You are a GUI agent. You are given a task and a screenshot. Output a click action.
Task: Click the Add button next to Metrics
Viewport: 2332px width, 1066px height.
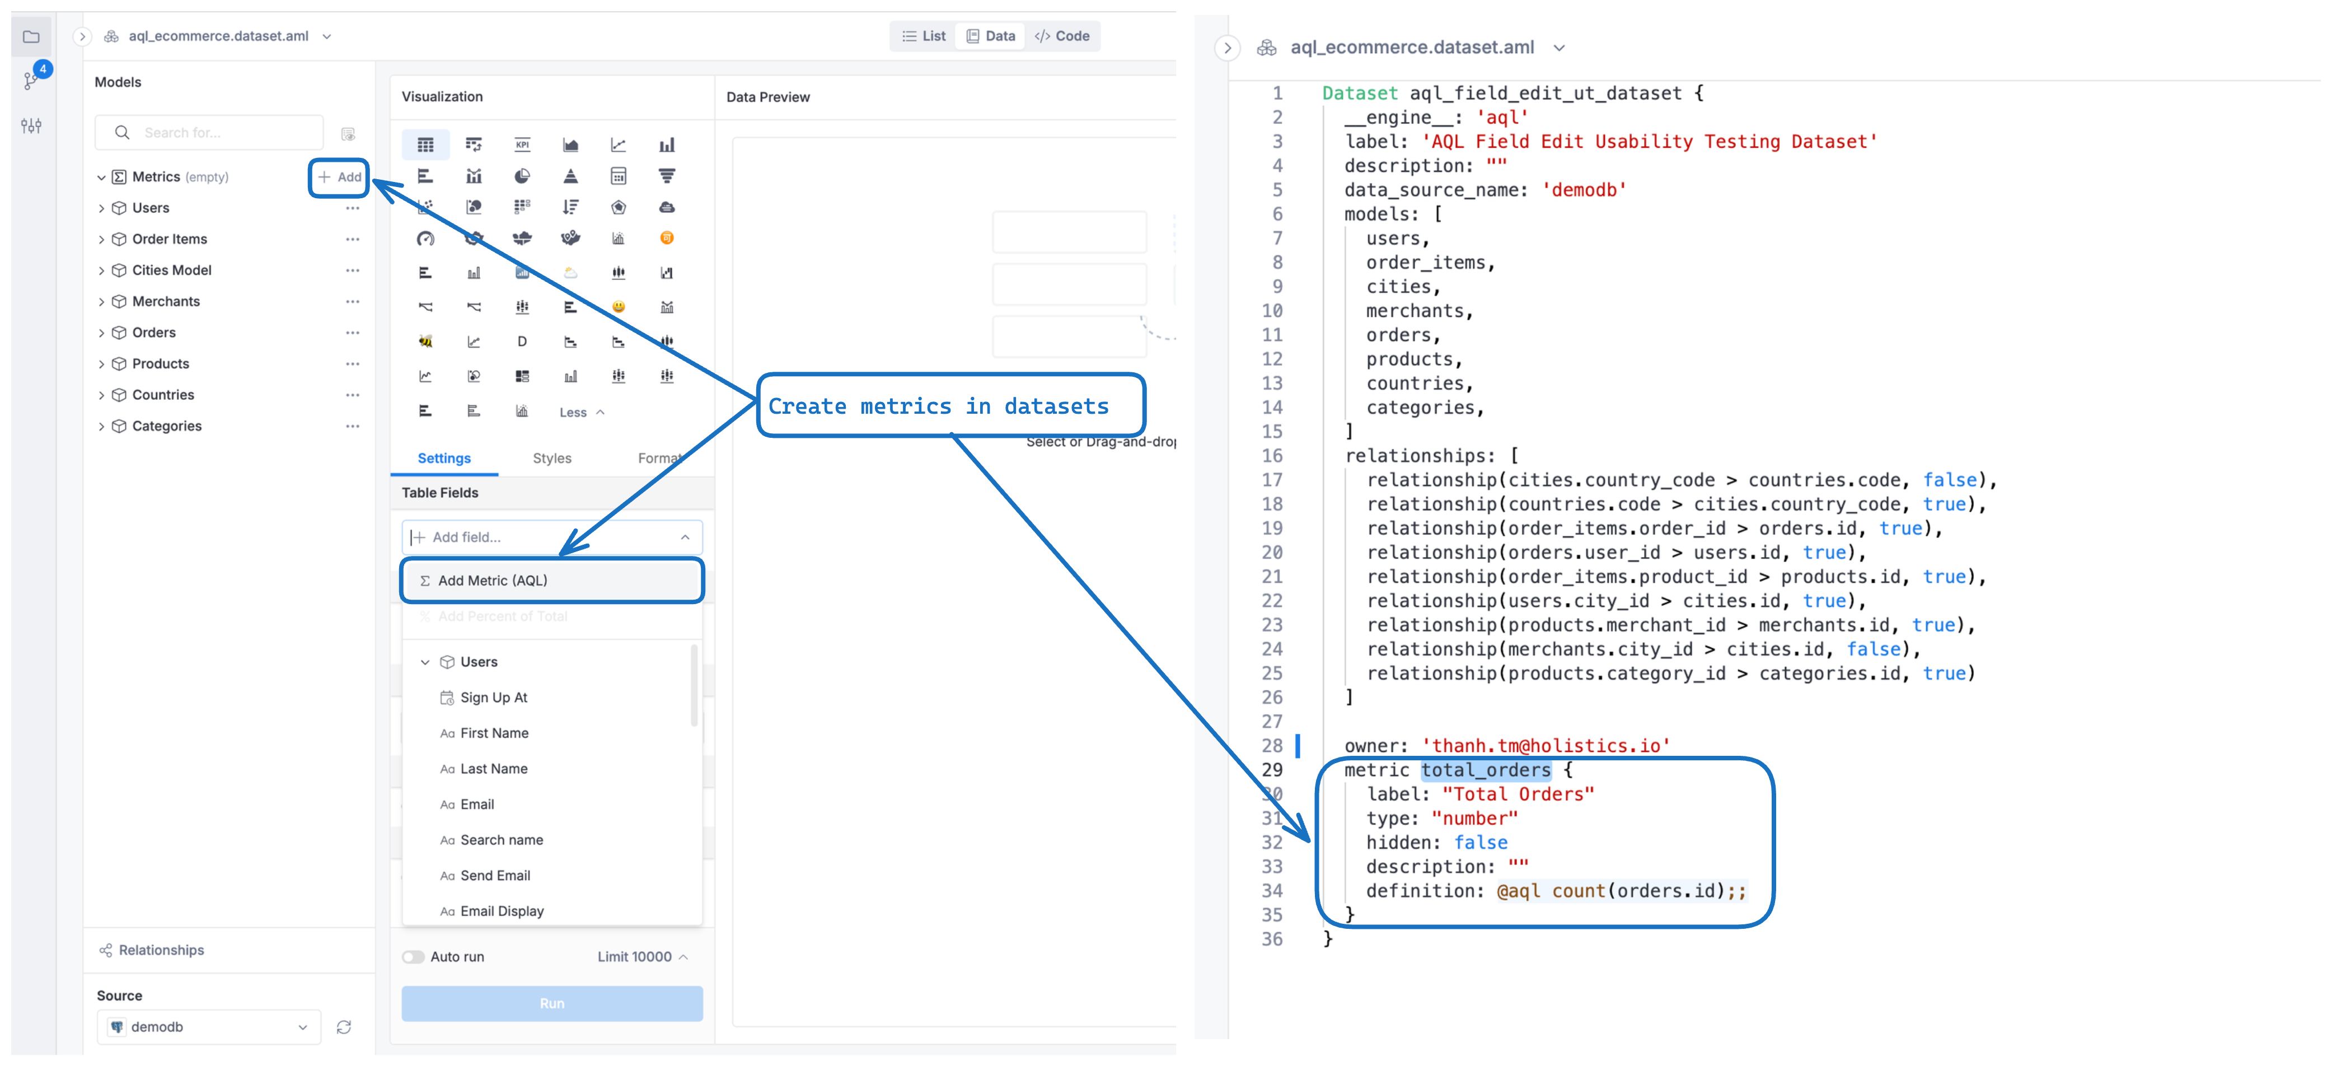339,176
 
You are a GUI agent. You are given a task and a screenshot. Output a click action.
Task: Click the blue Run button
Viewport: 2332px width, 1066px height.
552,1003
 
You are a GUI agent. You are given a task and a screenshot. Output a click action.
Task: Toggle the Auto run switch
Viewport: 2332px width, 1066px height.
414,956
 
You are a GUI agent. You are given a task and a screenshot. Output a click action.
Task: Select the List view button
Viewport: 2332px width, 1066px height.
924,36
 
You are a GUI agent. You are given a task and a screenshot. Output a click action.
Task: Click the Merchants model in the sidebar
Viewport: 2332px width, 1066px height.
166,302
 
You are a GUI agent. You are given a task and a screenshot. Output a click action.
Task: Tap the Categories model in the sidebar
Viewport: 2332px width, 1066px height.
167,426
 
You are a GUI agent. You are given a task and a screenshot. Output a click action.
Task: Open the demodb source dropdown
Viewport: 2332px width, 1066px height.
209,1027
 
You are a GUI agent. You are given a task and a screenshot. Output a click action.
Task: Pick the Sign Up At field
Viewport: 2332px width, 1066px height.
493,698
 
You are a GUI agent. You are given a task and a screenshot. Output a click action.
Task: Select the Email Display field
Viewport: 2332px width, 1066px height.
502,911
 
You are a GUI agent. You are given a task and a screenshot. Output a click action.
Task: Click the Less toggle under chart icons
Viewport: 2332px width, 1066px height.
581,412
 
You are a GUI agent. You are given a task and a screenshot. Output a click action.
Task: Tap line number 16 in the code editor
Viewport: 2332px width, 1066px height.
1272,456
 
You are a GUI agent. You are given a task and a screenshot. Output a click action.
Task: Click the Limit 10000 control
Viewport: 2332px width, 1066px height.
643,956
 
